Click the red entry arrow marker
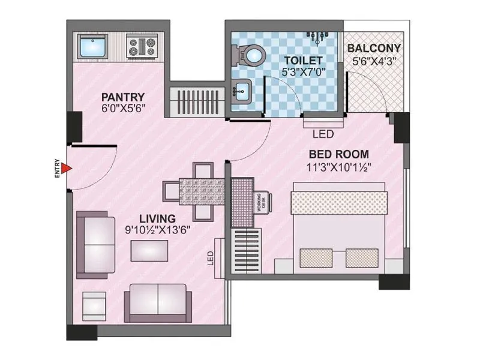click(x=67, y=169)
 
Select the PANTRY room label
click(x=122, y=97)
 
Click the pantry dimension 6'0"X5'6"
click(x=123, y=109)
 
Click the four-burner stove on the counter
click(x=142, y=46)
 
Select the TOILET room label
click(x=304, y=61)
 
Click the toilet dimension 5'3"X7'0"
click(x=304, y=72)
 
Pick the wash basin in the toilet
click(x=242, y=92)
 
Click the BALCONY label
click(x=374, y=48)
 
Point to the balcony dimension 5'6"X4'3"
click(x=374, y=60)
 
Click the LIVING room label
click(x=157, y=218)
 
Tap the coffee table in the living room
click(x=148, y=250)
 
